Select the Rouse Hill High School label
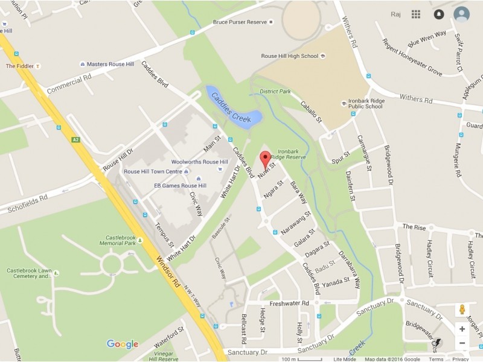click(289, 56)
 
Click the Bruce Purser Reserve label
click(240, 22)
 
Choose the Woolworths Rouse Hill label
click(199, 162)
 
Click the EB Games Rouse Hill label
click(180, 185)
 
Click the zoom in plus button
click(462, 329)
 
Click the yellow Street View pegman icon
click(462, 310)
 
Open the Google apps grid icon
click(416, 14)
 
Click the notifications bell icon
click(439, 14)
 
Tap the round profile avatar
click(462, 14)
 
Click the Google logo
click(123, 344)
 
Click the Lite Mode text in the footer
click(344, 359)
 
